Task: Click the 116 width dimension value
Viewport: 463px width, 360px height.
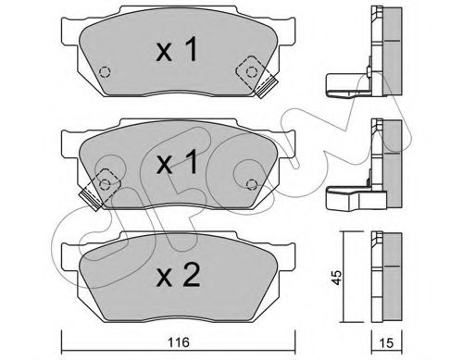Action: (x=179, y=342)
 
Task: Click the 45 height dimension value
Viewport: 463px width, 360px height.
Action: (x=337, y=278)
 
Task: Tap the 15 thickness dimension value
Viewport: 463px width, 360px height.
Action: (x=386, y=342)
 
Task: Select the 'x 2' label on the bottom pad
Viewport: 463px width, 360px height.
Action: (x=178, y=276)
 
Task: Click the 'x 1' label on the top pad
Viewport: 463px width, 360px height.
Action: (x=177, y=49)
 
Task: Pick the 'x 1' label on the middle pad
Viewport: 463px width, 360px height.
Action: (x=177, y=162)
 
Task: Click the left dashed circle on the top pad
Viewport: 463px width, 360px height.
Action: (x=105, y=72)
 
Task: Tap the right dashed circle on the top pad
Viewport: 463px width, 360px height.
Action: (x=252, y=72)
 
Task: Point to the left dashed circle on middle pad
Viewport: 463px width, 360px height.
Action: (x=105, y=184)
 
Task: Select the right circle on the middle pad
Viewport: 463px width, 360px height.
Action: (x=252, y=184)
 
